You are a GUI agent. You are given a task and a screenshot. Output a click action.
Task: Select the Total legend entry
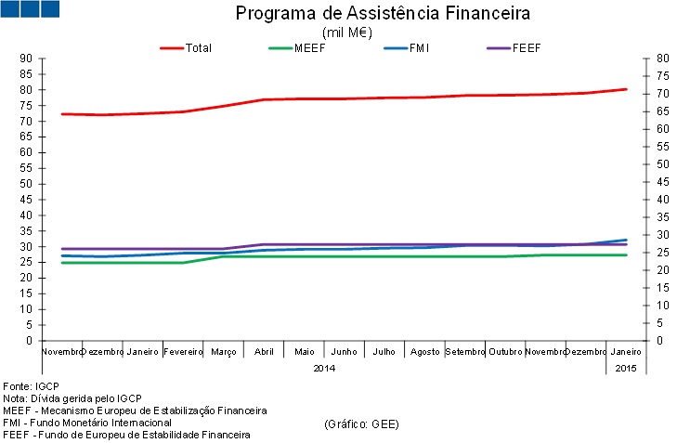[x=198, y=47]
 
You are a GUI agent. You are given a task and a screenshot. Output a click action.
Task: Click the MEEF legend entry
[x=309, y=47]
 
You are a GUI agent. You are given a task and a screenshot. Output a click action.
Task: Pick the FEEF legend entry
[x=527, y=47]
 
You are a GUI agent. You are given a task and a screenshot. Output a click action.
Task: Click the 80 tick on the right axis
[x=662, y=59]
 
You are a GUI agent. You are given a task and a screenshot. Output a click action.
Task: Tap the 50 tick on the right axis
[x=662, y=164]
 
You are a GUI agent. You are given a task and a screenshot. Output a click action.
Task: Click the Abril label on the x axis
[x=264, y=353]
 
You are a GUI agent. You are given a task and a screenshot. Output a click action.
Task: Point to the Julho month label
[x=384, y=353]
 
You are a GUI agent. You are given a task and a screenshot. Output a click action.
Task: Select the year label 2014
[x=324, y=368]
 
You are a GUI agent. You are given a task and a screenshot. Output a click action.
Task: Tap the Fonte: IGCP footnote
[x=32, y=385]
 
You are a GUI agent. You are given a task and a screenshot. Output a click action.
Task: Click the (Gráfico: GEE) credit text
[x=362, y=423]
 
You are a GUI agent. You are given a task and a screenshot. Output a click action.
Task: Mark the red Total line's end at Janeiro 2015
[x=627, y=89]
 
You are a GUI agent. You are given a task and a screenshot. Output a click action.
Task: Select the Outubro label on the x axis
[x=505, y=353]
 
